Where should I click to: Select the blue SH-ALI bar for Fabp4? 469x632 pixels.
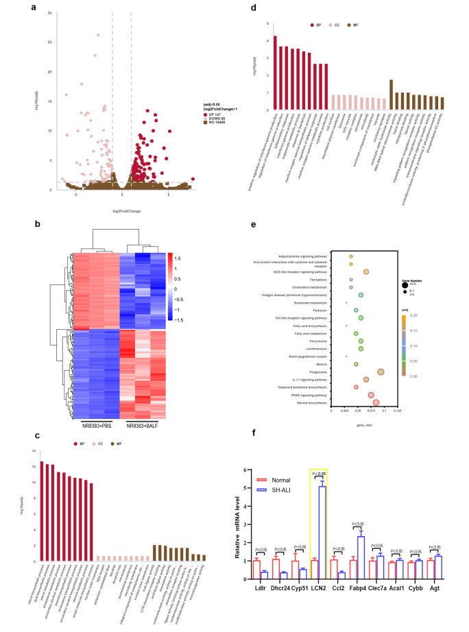pos(361,557)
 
